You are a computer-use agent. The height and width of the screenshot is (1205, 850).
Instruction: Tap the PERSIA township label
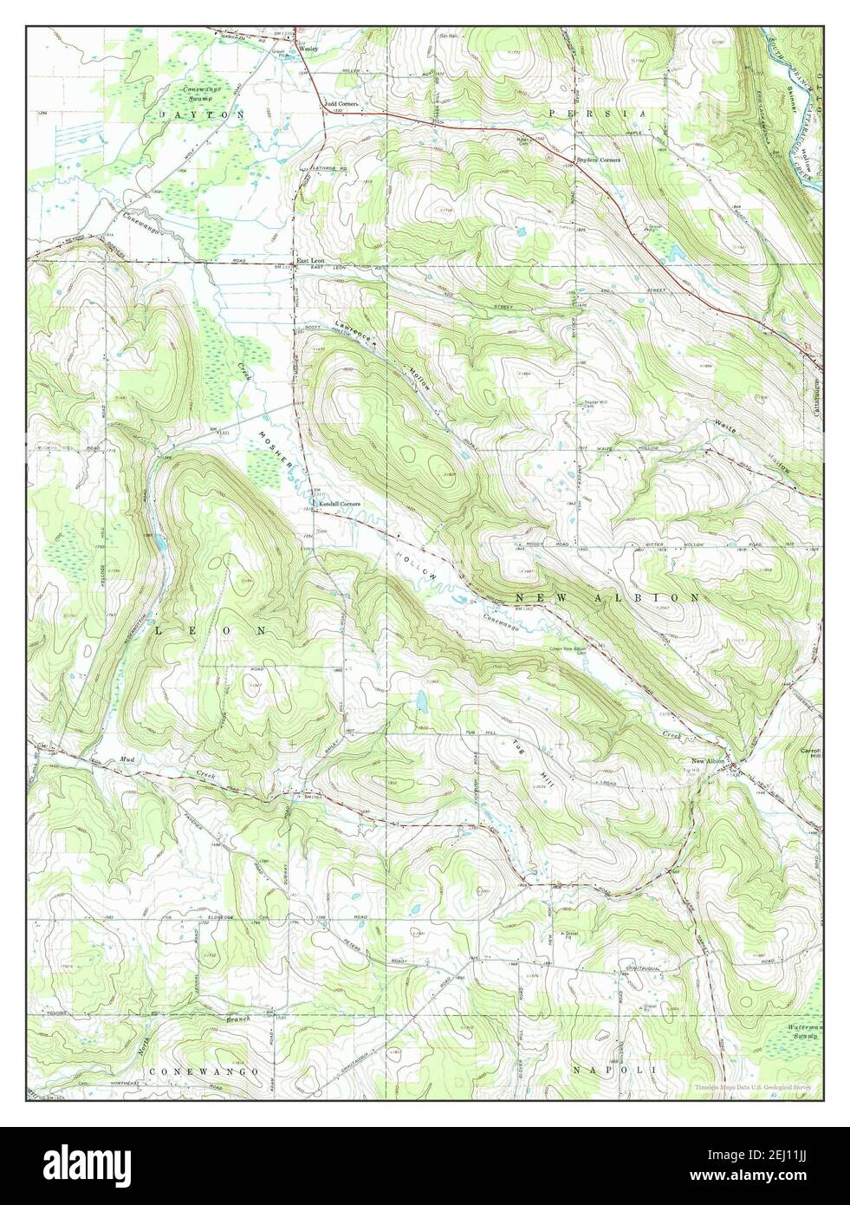point(595,114)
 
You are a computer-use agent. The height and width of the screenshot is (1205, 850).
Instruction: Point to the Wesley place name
point(309,49)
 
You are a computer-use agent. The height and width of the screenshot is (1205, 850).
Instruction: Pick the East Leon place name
point(310,260)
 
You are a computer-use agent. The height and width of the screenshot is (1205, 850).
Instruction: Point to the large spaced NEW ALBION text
point(607,598)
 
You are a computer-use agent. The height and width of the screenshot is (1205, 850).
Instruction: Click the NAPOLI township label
point(614,1071)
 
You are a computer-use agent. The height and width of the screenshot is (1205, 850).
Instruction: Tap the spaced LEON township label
point(210,632)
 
